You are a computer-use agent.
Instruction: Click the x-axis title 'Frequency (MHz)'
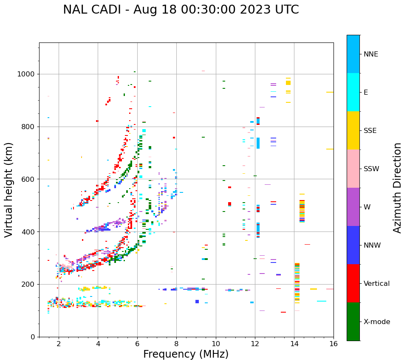(x=186, y=354)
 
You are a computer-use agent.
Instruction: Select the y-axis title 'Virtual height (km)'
(x=9, y=190)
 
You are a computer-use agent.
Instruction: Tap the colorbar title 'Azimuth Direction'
(x=397, y=188)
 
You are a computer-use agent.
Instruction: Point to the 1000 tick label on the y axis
(x=26, y=74)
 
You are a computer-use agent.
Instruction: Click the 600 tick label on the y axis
(x=28, y=179)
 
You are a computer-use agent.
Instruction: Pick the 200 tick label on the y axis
(x=28, y=284)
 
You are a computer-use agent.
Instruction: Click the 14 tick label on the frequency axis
(x=294, y=344)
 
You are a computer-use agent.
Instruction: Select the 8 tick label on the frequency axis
(x=176, y=344)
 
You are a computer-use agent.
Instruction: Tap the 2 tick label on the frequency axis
(x=59, y=344)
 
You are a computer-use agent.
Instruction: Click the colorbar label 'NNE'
(x=370, y=54)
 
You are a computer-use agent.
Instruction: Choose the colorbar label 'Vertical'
(x=376, y=283)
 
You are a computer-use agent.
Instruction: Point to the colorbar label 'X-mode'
(x=376, y=322)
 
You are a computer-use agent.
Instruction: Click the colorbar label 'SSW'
(x=371, y=169)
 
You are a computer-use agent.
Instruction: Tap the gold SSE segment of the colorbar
(x=353, y=130)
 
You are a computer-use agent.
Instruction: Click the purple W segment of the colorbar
(x=353, y=207)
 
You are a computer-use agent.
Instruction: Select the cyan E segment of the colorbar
(x=353, y=92)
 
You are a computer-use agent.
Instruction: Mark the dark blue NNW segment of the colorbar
(x=353, y=245)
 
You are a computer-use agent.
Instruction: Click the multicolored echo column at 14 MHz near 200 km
(x=297, y=282)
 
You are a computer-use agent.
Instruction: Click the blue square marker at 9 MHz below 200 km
(x=197, y=302)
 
